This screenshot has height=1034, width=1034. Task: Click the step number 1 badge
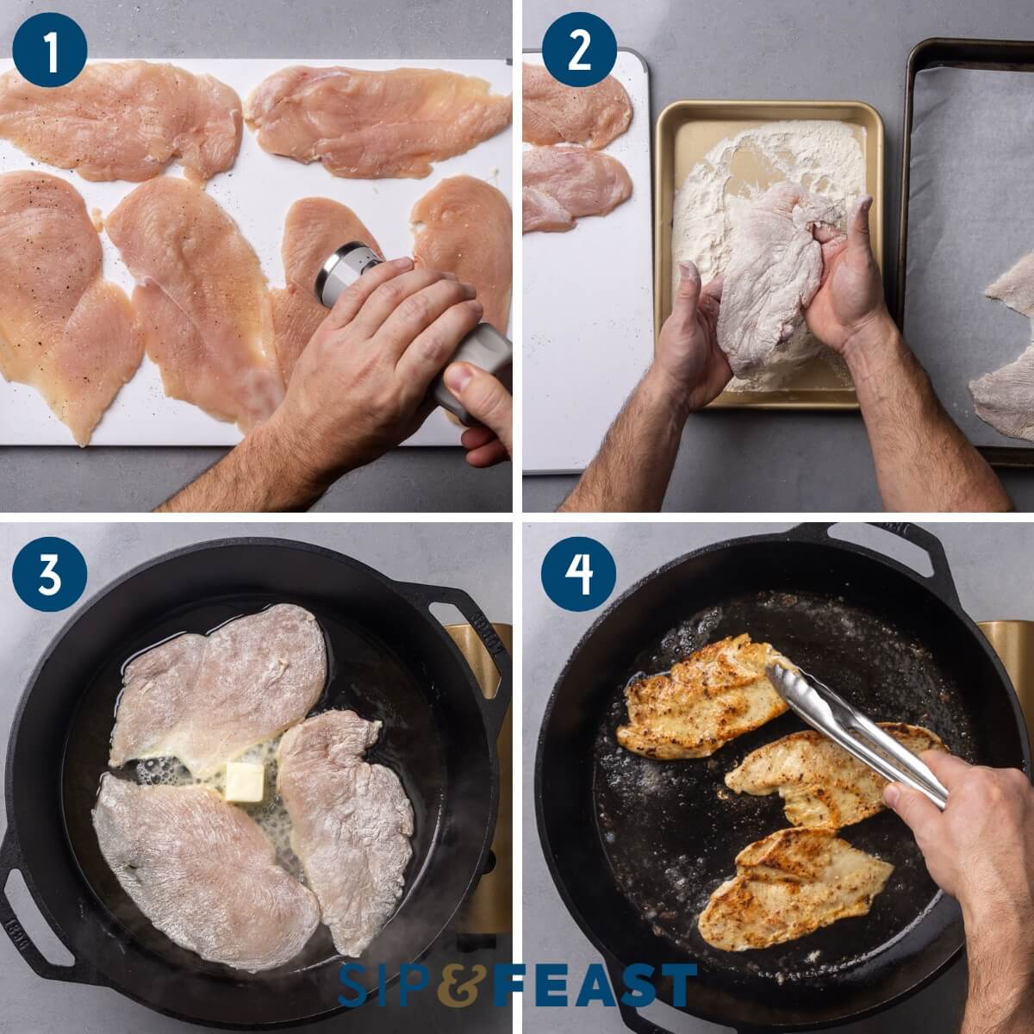[51, 51]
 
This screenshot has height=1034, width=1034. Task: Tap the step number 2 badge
[579, 51]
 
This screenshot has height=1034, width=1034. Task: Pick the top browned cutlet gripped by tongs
[698, 698]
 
